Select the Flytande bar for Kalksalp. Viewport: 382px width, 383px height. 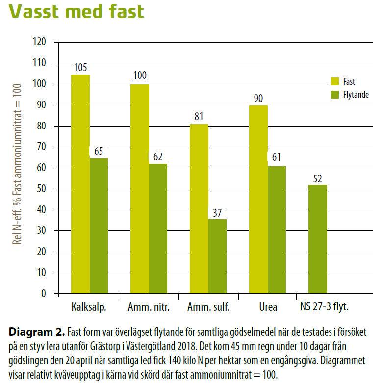click(x=99, y=226)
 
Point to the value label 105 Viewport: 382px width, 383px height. click(x=80, y=67)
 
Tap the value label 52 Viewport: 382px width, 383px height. click(x=318, y=178)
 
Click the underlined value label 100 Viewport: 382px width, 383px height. click(x=139, y=77)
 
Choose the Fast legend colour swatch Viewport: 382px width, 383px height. click(x=335, y=81)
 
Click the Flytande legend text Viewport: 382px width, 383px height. click(x=356, y=94)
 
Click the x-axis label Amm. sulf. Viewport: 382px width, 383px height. click(x=208, y=307)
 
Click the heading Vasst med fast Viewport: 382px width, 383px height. click(x=76, y=11)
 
